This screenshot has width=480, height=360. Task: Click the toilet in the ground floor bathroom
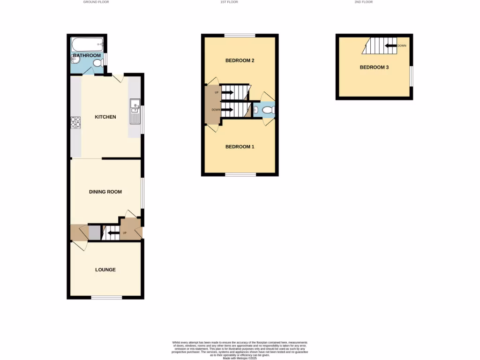97,63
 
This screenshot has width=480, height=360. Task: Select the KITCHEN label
105,117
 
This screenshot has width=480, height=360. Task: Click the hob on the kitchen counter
75,122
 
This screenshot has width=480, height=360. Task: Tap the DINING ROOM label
105,192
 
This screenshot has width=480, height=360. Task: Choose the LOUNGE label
105,270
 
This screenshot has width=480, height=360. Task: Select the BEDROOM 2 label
240,60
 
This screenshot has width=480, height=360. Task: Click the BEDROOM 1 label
240,147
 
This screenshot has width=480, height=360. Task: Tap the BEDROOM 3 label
374,67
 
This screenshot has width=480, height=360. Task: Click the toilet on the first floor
268,110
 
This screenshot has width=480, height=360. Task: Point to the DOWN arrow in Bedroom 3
390,46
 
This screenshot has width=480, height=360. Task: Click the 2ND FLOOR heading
364,2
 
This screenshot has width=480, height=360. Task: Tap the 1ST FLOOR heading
229,2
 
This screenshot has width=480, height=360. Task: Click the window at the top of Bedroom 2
240,35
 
